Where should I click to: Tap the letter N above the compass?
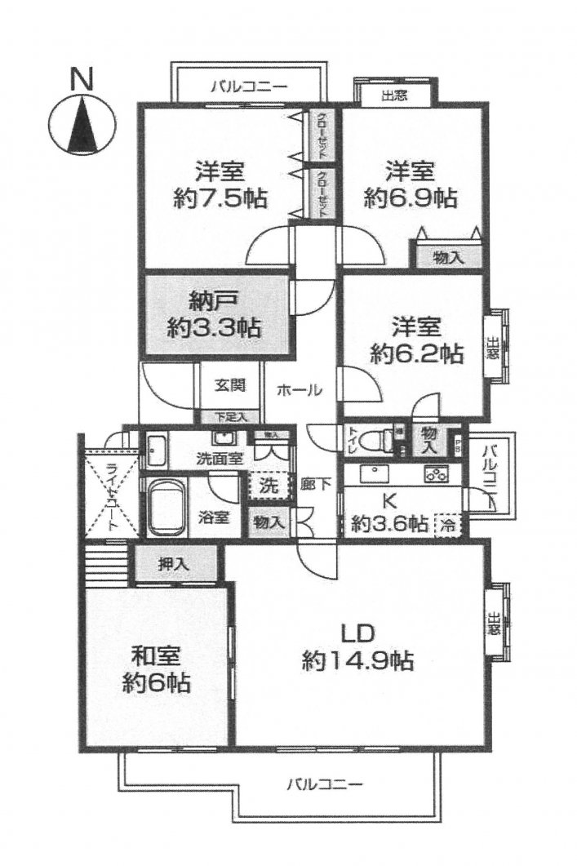pyautogui.click(x=81, y=79)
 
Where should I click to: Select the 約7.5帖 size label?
pyautogui.click(x=221, y=198)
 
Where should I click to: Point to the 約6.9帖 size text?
pyautogui.click(x=411, y=198)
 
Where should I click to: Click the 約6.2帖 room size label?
pyautogui.click(x=417, y=353)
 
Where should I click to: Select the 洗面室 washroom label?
pyautogui.click(x=219, y=458)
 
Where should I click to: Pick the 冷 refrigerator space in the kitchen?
pyautogui.click(x=448, y=523)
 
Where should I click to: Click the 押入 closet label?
pyautogui.click(x=175, y=562)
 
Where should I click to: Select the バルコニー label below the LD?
pyautogui.click(x=323, y=785)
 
